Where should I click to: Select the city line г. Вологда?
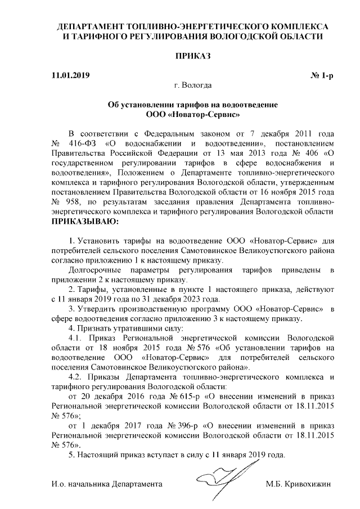193,85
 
